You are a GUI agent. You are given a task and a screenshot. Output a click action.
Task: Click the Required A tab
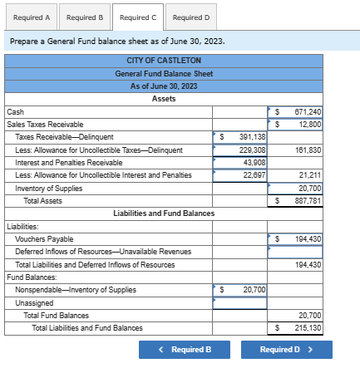click(x=31, y=17)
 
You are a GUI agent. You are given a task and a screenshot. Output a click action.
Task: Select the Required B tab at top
click(x=84, y=17)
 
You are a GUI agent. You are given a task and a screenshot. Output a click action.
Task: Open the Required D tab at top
click(x=190, y=17)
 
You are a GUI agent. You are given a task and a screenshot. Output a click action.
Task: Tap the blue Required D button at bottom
click(x=285, y=350)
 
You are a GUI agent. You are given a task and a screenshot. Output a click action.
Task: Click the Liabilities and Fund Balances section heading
click(x=163, y=213)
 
